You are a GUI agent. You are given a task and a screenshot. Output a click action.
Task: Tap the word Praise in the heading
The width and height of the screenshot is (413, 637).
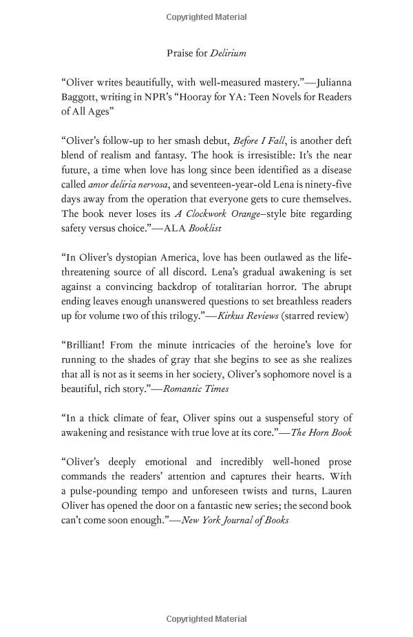point(181,53)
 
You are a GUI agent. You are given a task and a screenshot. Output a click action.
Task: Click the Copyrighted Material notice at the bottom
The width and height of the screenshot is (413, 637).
point(206,620)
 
